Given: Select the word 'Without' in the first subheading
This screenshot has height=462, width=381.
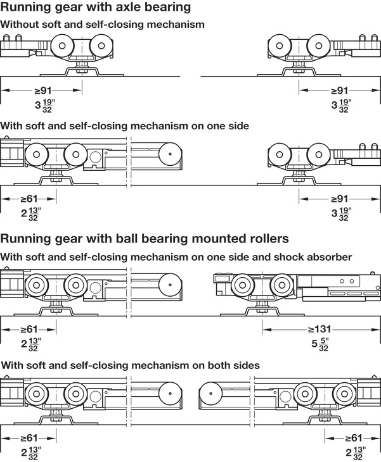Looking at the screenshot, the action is coord(20,24).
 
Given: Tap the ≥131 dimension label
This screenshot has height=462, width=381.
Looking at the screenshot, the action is coord(320,329).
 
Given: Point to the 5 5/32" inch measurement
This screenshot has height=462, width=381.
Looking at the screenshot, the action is coord(320,344).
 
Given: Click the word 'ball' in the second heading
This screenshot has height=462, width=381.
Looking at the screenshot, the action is coord(124,239).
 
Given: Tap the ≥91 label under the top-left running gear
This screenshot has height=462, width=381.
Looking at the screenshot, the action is coord(43,91).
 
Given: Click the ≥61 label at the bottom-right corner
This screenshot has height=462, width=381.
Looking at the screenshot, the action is coord(353,438).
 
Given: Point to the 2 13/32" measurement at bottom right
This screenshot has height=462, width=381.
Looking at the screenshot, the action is coord(356,453).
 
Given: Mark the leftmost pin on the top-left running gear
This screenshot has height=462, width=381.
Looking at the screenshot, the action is coord(6,39).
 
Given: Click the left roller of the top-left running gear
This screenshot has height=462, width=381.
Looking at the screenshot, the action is coord(62,46).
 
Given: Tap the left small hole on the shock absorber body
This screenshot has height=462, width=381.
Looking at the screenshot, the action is coord(342,281).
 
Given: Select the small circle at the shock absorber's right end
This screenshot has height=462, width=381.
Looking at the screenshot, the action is coord(377,287).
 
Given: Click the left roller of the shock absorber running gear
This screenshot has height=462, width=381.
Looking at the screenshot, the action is coord(243,285).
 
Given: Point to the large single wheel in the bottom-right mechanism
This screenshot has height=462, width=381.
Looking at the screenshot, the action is coord(210,394).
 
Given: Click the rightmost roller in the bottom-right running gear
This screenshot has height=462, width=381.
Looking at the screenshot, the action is coord(344,394).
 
